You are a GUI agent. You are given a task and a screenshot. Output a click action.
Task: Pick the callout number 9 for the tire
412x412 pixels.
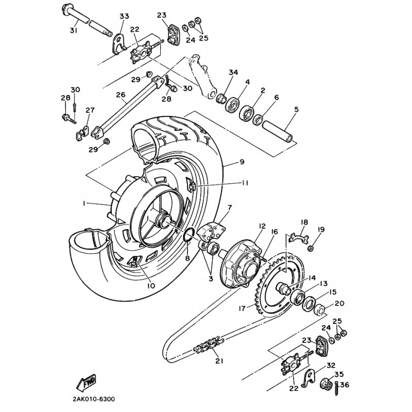tap(242, 162)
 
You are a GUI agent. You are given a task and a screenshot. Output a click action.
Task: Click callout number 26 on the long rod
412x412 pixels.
tap(121, 95)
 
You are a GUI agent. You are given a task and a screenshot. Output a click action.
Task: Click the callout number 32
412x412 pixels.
tap(330, 364)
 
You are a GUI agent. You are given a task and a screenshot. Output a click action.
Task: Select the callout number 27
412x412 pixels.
tap(90, 110)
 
